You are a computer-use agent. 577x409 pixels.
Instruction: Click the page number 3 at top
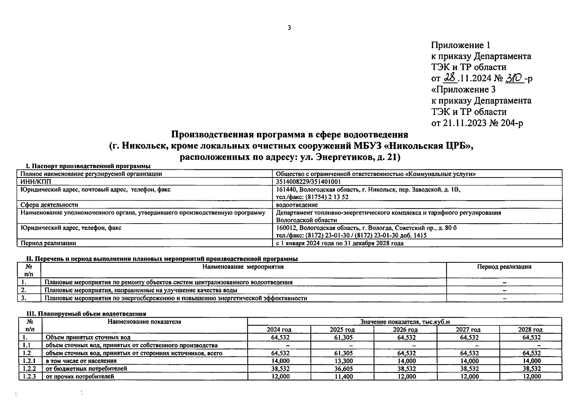pyautogui.click(x=289, y=28)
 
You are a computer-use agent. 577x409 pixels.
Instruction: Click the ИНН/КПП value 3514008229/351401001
pyautogui.click(x=308, y=182)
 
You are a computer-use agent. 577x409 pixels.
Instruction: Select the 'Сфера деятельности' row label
pyautogui.click(x=49, y=205)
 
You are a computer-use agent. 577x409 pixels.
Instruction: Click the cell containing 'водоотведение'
pyautogui.click(x=296, y=205)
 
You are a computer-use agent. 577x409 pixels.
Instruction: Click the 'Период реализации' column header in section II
pyautogui.click(x=504, y=267)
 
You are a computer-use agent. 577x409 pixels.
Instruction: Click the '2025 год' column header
pyautogui.click(x=342, y=330)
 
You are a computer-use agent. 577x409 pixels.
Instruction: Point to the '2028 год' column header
pyautogui.click(x=530, y=330)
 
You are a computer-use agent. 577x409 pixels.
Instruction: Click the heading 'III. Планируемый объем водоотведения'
pyautogui.click(x=86, y=314)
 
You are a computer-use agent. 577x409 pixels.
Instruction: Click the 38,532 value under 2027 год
pyautogui.click(x=469, y=369)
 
